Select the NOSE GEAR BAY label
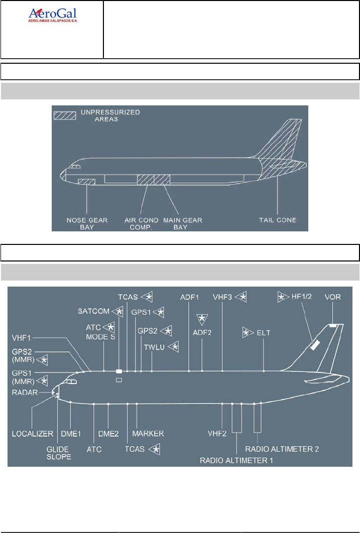(x=87, y=223)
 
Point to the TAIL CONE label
(x=278, y=220)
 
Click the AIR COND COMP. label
(x=142, y=223)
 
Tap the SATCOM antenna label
(x=93, y=312)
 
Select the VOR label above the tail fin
(x=332, y=297)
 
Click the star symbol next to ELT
(x=248, y=332)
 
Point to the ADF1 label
(x=189, y=297)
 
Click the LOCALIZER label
(x=33, y=433)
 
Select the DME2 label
(x=109, y=433)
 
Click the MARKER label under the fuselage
(x=148, y=433)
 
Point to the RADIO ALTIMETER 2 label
(x=282, y=448)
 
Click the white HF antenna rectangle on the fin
(x=315, y=345)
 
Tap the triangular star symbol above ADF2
(x=202, y=318)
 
